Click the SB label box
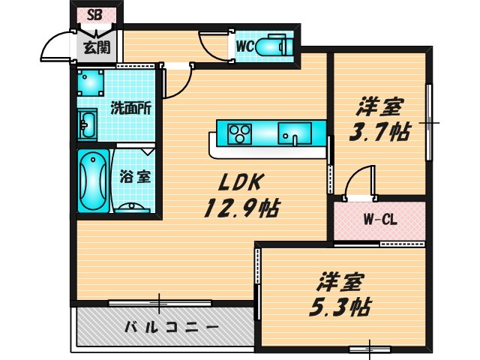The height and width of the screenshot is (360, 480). pyautogui.click(x=95, y=13)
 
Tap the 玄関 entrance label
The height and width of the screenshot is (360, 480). pyautogui.click(x=95, y=49)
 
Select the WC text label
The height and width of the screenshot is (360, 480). pyautogui.click(x=245, y=46)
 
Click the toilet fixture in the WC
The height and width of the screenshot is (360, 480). pyautogui.click(x=273, y=46)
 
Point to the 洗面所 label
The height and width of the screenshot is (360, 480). pyautogui.click(x=131, y=107)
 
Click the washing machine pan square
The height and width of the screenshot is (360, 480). pyautogui.click(x=92, y=82)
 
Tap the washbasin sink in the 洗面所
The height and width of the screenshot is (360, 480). pyautogui.click(x=87, y=124)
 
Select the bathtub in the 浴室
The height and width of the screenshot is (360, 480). pyautogui.click(x=94, y=181)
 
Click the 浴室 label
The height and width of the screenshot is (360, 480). pyautogui.click(x=136, y=177)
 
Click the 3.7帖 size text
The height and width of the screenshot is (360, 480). pyautogui.click(x=382, y=132)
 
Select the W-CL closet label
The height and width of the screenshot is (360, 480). pyautogui.click(x=379, y=220)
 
